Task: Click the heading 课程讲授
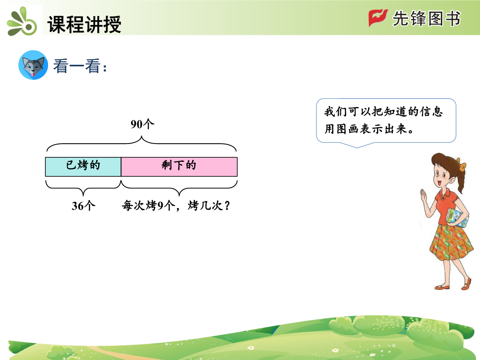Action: coord(84,24)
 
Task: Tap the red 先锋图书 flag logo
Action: coord(378,17)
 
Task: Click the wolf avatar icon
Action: coord(33,65)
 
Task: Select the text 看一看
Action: coord(77,66)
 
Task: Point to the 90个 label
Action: coord(142,124)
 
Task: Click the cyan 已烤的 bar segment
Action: coord(83,167)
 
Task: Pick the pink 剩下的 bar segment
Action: coord(179,167)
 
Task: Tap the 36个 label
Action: coord(83,205)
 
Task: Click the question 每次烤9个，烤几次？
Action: coord(176,205)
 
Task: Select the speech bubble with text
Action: coord(386,121)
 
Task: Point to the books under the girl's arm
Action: coord(457,218)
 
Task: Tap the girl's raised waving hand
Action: coord(424,196)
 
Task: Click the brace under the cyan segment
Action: coord(83,188)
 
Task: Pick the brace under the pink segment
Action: coord(179,188)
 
